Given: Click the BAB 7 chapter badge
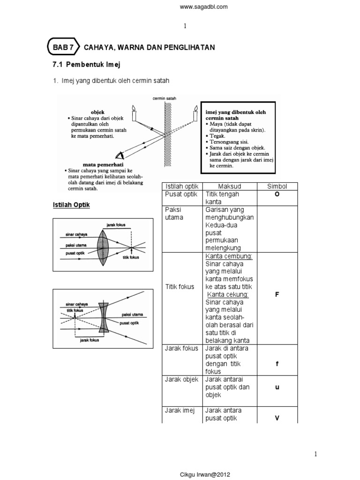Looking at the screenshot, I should click(x=63, y=47).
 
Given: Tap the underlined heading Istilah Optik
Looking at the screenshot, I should click(x=70, y=205).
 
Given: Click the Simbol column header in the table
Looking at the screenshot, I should click(x=277, y=186).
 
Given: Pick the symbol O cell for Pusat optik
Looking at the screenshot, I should click(x=277, y=195).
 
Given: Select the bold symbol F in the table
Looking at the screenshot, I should click(x=277, y=294).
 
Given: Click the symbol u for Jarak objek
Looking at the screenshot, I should click(x=277, y=387).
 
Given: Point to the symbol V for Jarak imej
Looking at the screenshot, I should click(x=277, y=418).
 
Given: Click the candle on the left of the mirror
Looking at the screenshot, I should click(x=134, y=114).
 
